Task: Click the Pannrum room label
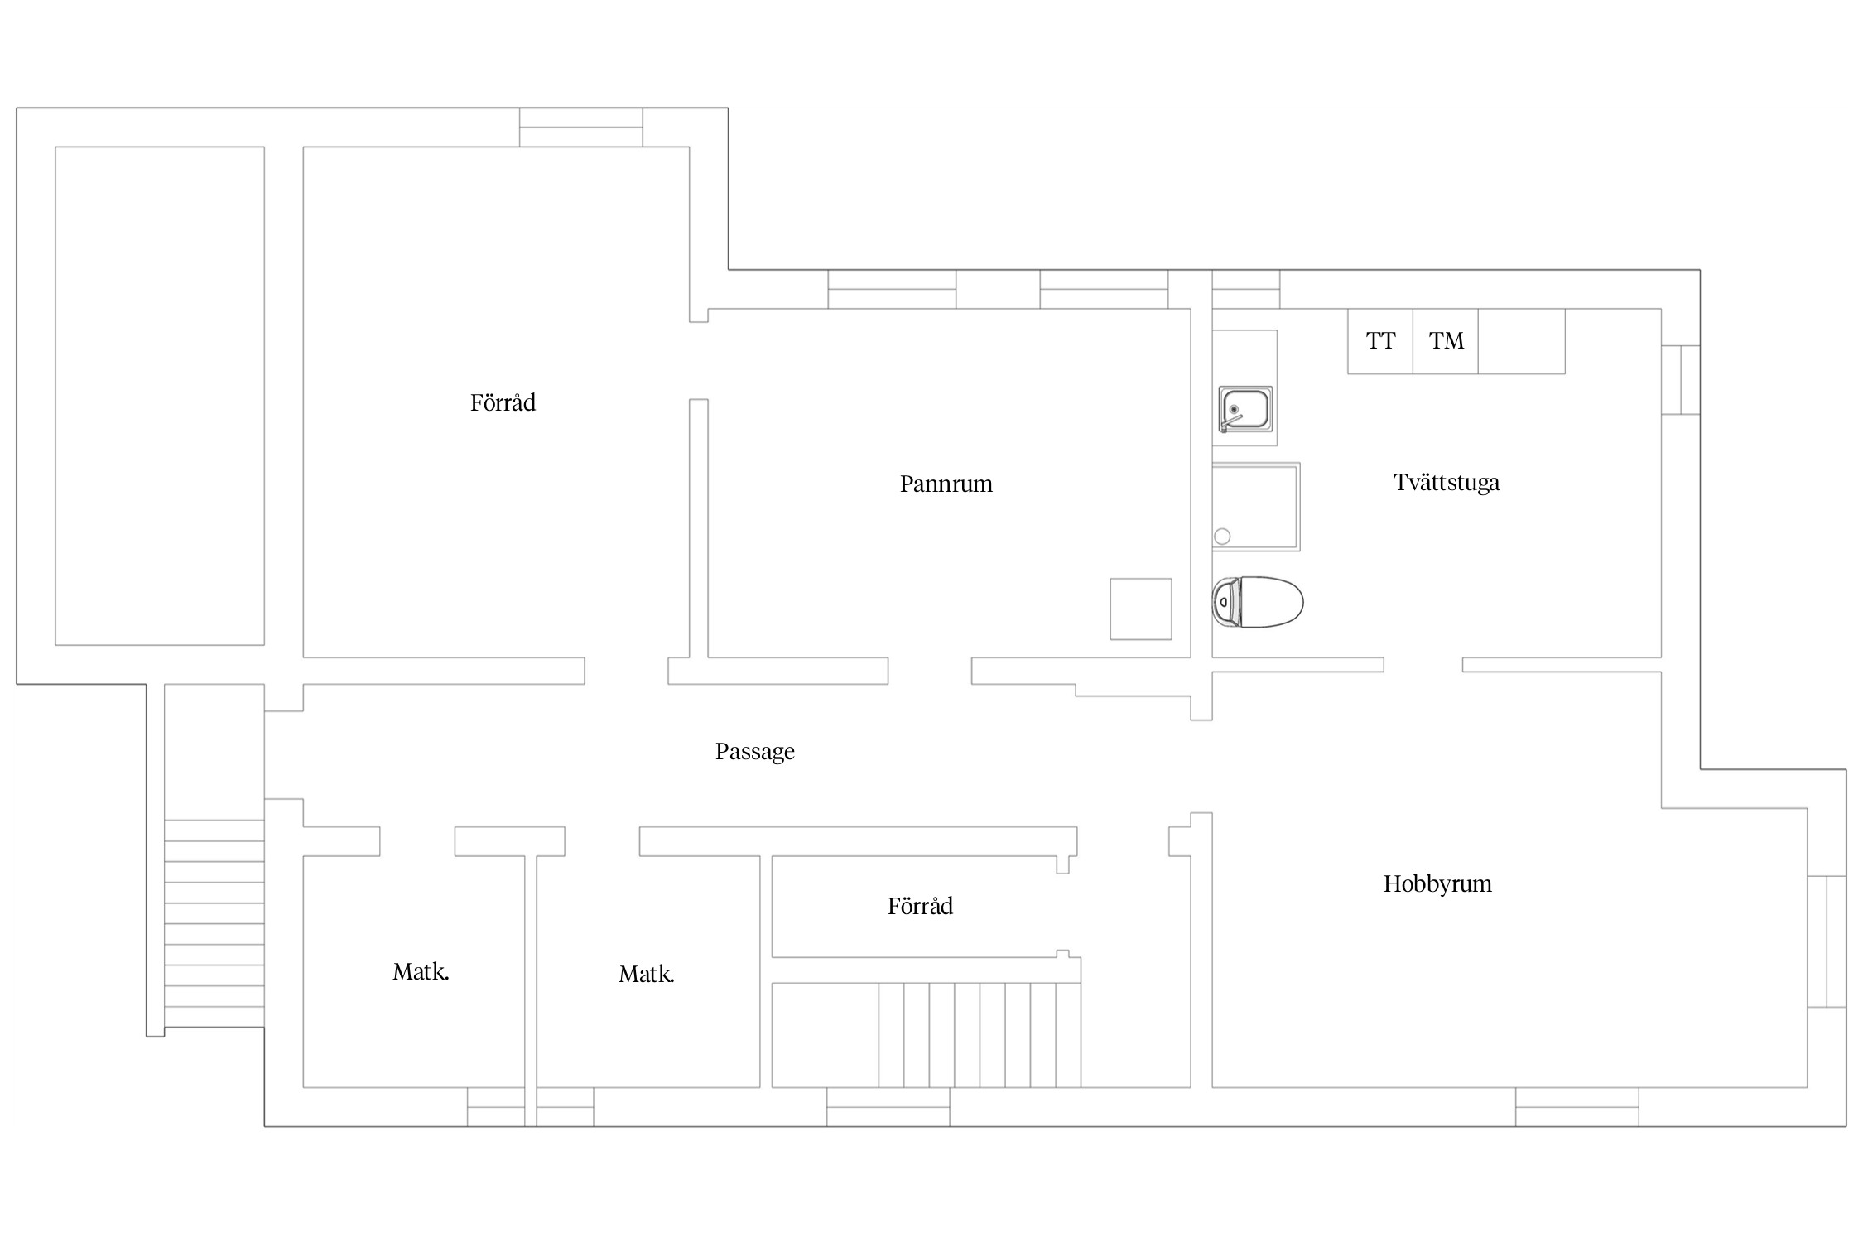946,484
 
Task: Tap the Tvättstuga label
1447,483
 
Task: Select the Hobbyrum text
1437,884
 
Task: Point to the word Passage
755,752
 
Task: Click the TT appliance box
1380,341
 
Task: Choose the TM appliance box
1446,341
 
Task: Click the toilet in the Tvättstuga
1258,602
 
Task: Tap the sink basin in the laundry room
1244,409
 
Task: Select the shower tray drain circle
1222,537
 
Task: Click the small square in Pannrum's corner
1141,609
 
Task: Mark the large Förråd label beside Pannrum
503,403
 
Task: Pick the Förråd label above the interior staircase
920,906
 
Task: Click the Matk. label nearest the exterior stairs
421,972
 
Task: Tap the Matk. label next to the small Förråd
647,975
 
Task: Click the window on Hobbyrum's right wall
1827,941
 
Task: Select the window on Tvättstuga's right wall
1681,380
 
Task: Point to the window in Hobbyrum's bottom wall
1577,1107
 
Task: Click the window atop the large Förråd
581,128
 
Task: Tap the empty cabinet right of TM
1522,341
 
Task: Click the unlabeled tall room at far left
160,396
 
